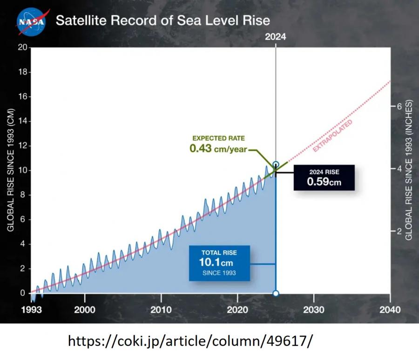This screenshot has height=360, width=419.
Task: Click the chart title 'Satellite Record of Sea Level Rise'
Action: (x=163, y=20)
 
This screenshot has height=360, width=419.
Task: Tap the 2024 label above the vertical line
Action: (x=276, y=37)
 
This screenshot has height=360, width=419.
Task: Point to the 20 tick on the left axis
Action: (x=23, y=48)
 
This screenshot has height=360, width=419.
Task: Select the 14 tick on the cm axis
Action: (x=23, y=121)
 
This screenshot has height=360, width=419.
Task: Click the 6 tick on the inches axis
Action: (x=399, y=106)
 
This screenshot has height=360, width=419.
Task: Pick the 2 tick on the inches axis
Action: (x=399, y=231)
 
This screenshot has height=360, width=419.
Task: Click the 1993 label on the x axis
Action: (x=32, y=310)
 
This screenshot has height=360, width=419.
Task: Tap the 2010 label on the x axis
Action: (x=161, y=310)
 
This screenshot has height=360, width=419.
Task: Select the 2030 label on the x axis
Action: (x=314, y=310)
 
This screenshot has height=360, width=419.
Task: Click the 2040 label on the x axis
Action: (x=390, y=310)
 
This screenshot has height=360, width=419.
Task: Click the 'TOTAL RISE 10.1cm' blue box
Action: (x=219, y=263)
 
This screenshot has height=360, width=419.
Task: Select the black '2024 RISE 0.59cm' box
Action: (x=324, y=177)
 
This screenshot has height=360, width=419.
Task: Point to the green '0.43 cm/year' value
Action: (x=218, y=149)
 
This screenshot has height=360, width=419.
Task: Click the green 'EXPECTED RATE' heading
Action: (x=219, y=138)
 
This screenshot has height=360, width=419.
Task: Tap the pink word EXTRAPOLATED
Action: (x=333, y=136)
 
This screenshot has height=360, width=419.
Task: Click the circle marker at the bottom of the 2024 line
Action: (x=276, y=293)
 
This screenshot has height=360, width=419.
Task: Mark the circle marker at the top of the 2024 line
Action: (x=276, y=164)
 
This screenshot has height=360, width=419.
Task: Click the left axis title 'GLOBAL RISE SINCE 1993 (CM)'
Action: (x=10, y=170)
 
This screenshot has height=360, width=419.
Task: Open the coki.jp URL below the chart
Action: (x=190, y=341)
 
